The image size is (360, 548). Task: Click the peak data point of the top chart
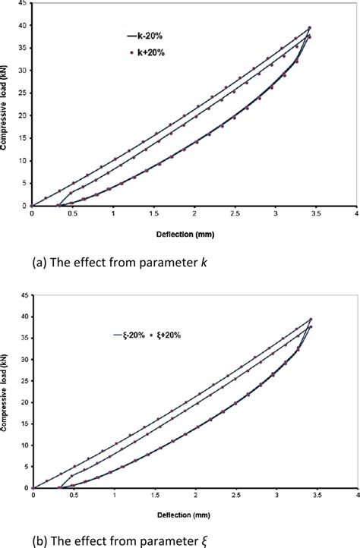(309, 28)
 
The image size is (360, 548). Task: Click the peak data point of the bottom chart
(310, 320)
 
